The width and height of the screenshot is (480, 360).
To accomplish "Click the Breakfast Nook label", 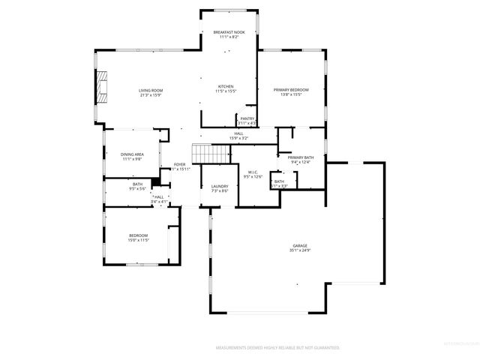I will [229, 32].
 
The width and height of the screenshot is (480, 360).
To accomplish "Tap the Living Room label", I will [151, 91].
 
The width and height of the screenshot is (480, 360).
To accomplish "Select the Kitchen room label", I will [226, 86].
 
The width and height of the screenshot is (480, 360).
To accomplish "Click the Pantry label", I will [247, 118].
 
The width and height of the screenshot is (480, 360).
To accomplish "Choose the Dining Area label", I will [132, 154].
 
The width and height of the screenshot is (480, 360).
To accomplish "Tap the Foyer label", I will [180, 164].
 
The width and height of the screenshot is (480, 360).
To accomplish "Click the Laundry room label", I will [219, 186].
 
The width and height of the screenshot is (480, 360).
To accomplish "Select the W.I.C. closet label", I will [253, 172].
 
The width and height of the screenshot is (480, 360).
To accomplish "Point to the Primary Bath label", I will [300, 157].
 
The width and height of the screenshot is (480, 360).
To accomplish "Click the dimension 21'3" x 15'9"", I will [151, 95].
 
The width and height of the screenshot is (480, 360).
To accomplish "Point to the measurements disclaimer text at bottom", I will [277, 348].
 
